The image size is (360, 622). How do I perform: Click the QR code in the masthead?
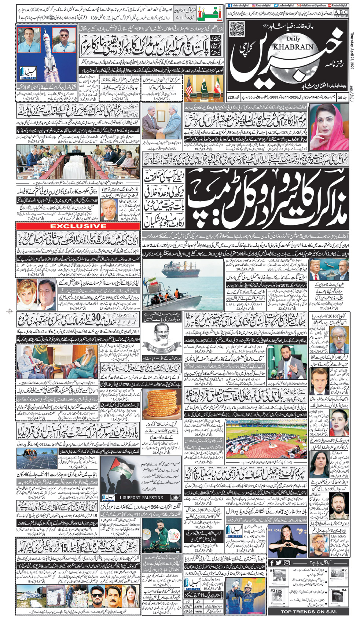tap(236, 29)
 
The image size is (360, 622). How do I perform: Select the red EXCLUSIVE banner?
tap(78, 226)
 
